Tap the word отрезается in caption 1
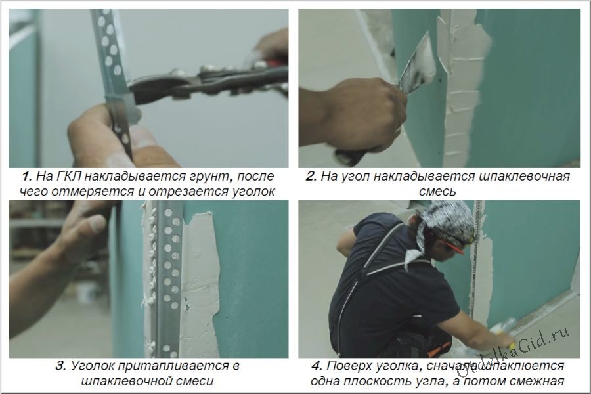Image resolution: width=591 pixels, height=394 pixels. (186, 191)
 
